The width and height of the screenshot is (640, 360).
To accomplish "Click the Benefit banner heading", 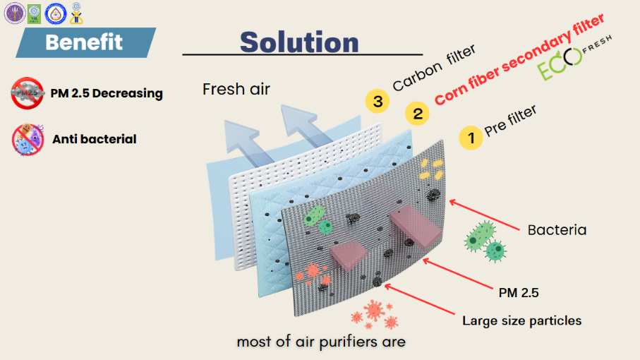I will pos(84,42).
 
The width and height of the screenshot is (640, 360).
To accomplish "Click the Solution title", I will pos(299,41).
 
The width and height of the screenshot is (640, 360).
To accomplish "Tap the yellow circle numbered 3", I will pos(378,102).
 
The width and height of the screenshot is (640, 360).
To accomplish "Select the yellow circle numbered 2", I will pos(418,113).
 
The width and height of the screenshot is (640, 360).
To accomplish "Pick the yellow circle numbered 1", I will pos(471,137).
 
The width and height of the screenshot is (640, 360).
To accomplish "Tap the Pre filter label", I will pos(510,121).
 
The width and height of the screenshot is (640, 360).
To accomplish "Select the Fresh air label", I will pos(236,89).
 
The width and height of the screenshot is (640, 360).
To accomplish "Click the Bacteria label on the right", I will pos(557,230).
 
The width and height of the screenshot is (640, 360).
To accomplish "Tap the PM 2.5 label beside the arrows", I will pos(519,292).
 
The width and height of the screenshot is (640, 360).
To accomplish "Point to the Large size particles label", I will pos(521,320).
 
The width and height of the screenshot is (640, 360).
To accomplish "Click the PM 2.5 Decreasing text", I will pos(107,93).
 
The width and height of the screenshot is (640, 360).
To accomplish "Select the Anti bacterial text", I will pos(94,139).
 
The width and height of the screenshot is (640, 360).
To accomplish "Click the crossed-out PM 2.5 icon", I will pos(28,94).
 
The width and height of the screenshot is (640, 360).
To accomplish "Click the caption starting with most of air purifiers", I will pos(321,342).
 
